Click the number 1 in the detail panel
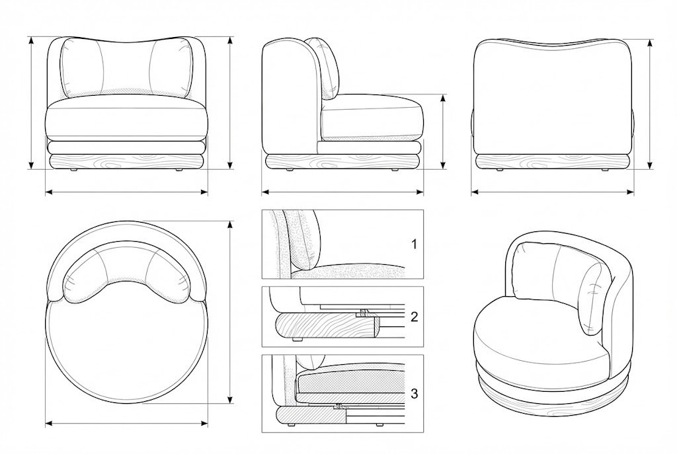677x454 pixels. click(414, 245)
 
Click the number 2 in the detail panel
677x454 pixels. click(414, 317)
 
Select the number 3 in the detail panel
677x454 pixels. click(414, 394)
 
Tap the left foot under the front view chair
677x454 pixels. click(74, 171)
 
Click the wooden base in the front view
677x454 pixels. click(127, 163)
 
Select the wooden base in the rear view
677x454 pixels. click(552, 163)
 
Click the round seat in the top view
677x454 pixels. click(127, 350)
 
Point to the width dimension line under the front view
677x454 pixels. click(127, 192)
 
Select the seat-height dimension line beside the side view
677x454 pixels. click(442, 132)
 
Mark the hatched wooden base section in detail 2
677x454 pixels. click(326, 324)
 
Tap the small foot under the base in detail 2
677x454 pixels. click(296, 340)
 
